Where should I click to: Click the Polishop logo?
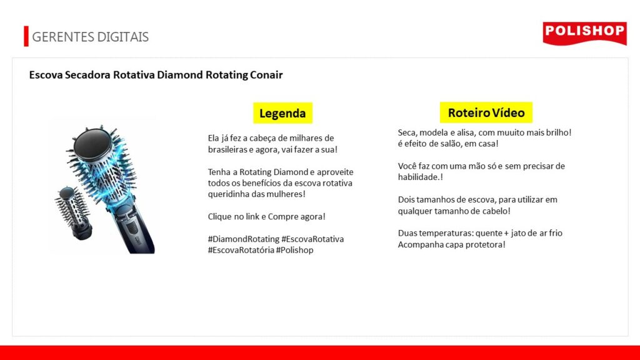tap(584, 33)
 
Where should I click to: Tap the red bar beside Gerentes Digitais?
tap(26, 36)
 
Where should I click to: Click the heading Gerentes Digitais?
tap(90, 37)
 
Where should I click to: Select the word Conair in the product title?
tap(266, 75)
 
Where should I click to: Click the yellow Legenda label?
tap(282, 113)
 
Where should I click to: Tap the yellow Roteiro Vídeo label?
tap(486, 112)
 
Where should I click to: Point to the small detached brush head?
tap(74, 212)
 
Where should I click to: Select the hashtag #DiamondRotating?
tap(243, 239)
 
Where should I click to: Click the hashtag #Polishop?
tap(294, 250)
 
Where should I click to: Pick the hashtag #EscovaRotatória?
tap(241, 250)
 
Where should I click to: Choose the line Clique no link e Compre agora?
tap(266, 216)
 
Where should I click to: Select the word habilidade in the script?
tap(418, 177)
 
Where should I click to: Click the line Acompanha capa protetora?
tap(451, 244)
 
